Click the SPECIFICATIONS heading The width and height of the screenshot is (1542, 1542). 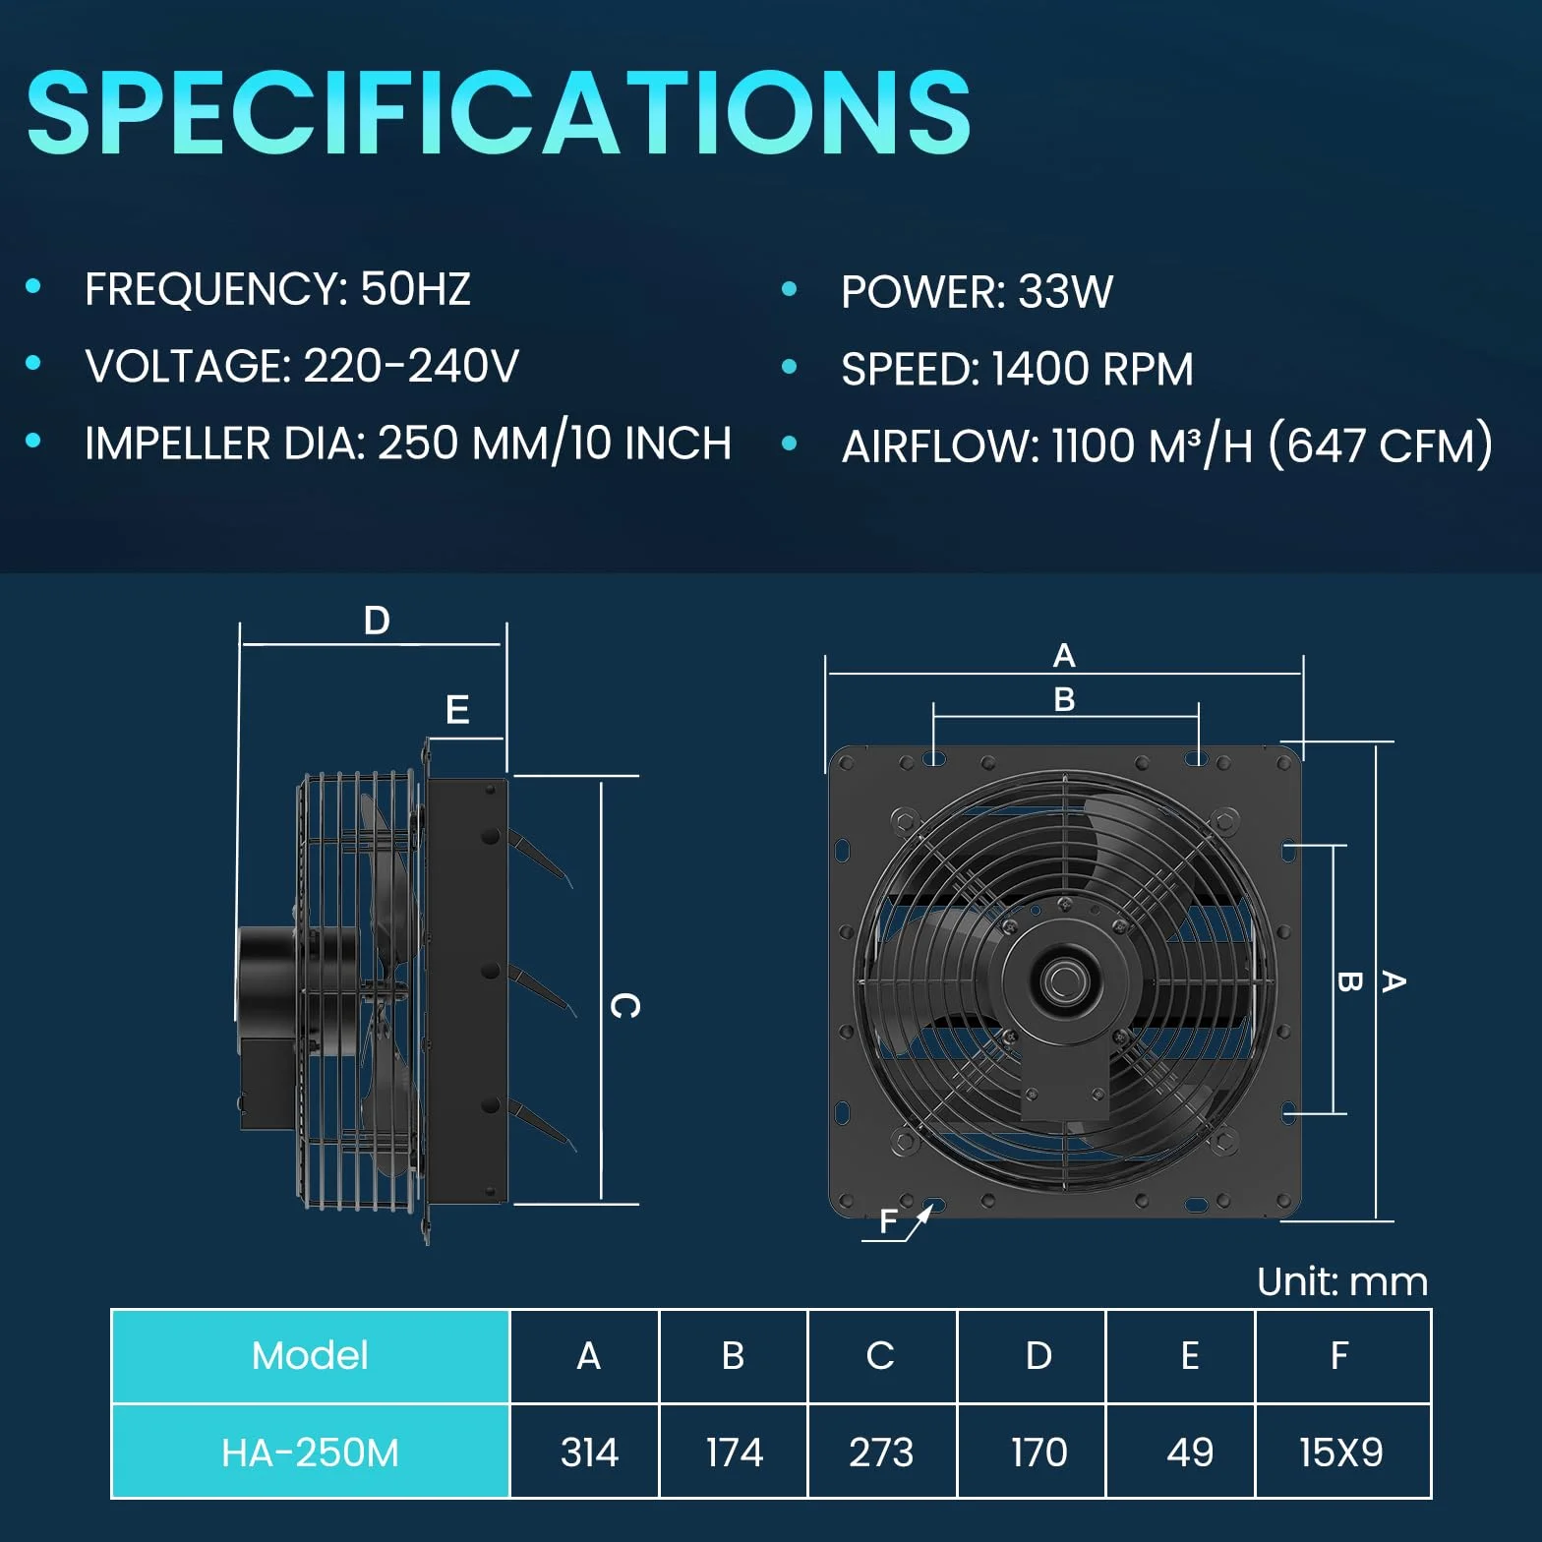(x=499, y=112)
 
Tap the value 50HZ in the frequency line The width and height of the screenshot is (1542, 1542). (x=416, y=289)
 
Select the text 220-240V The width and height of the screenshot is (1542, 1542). (x=411, y=366)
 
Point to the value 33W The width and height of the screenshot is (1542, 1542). (x=1065, y=292)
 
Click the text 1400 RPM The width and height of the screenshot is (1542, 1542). (x=1093, y=370)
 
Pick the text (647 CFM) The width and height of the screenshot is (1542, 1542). (x=1381, y=445)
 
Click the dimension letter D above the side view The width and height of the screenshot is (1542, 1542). (x=377, y=621)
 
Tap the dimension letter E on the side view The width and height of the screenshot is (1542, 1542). (x=457, y=709)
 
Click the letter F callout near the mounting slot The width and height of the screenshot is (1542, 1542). (x=889, y=1221)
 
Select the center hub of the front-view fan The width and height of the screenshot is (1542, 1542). (x=1063, y=979)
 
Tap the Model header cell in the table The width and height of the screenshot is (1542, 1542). (x=310, y=1356)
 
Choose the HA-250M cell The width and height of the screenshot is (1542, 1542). (x=310, y=1452)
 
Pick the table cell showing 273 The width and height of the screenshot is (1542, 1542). (x=882, y=1452)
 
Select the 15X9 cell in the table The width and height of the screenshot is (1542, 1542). (x=1342, y=1452)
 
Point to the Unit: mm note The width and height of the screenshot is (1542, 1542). (x=1342, y=1282)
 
